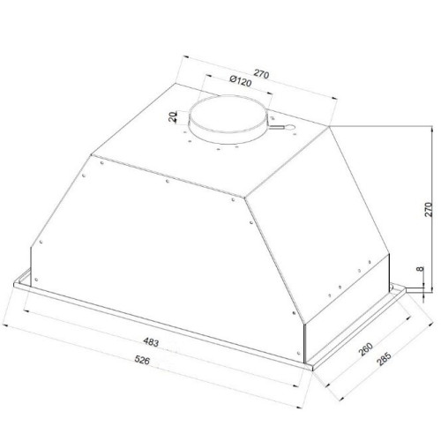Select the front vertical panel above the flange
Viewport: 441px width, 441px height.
click(x=159, y=265)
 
